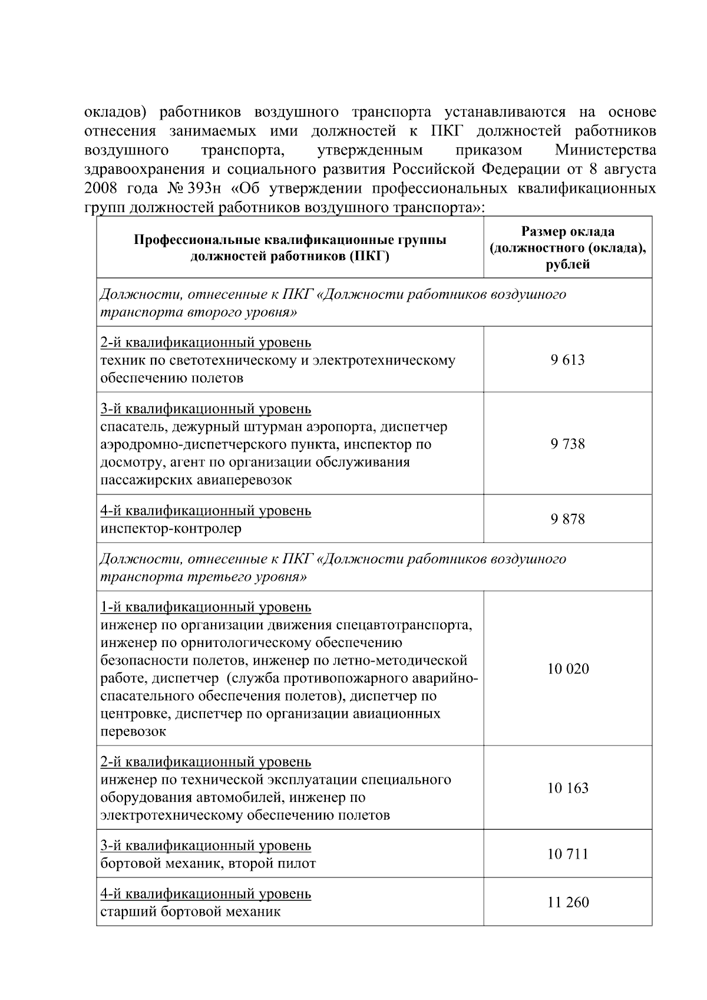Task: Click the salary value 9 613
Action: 567,360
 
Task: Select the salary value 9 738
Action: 567,444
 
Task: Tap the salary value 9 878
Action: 567,519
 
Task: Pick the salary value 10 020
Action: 567,669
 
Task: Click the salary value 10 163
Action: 567,788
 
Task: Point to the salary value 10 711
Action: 567,854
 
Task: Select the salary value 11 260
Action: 567,902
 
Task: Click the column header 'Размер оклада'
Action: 567,232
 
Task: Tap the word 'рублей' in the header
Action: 567,265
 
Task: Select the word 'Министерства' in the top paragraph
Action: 605,150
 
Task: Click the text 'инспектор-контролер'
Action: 171,529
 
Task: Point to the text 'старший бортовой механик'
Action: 190,912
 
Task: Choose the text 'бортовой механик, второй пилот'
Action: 208,863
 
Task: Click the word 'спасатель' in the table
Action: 127,426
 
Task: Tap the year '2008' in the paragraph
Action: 101,189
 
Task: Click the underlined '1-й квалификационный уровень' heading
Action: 206,606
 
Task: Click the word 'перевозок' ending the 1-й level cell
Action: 133,731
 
